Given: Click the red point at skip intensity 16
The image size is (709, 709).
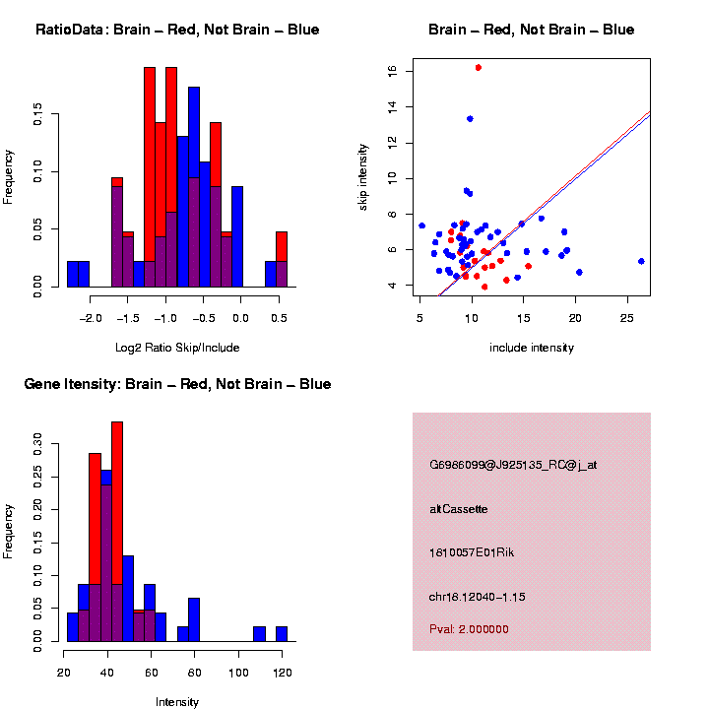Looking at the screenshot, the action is (x=479, y=68).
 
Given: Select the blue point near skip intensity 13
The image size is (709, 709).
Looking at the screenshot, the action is (x=470, y=119).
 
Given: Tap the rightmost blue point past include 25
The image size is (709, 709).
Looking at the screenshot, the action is (x=641, y=261).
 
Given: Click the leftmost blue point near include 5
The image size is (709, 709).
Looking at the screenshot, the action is (x=421, y=226).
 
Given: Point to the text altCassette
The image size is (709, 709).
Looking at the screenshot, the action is (x=459, y=509).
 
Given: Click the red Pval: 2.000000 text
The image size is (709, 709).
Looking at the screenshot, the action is (x=469, y=629).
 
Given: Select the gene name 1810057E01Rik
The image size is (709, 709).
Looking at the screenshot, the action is (x=472, y=552).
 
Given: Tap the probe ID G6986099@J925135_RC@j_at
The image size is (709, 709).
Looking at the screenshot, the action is (x=513, y=465).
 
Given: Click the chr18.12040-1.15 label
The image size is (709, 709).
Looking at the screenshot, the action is (x=477, y=597).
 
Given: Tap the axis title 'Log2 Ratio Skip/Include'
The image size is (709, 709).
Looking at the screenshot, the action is (x=177, y=348).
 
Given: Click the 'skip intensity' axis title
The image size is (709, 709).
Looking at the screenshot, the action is (x=362, y=177).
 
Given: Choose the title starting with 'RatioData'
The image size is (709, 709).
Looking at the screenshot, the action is (x=177, y=30).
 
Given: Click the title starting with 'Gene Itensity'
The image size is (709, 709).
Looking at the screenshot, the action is (x=177, y=384).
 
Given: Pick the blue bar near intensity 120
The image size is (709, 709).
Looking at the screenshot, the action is (x=282, y=634).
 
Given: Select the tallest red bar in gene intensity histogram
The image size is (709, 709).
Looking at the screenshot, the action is (x=117, y=532).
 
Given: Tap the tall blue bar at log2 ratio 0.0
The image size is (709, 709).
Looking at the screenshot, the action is (x=237, y=236).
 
